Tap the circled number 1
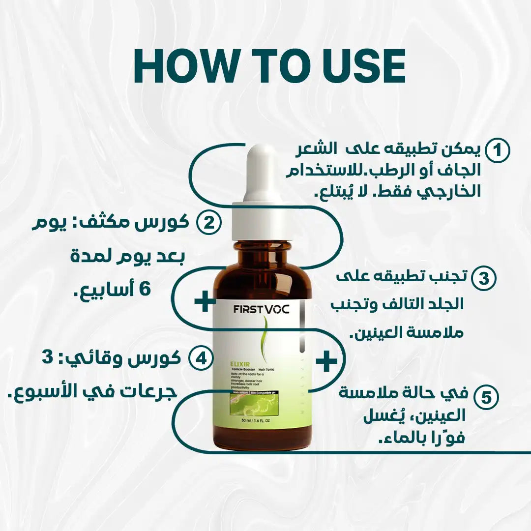[498, 150]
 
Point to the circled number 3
[484, 278]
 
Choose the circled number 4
[200, 358]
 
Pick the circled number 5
[486, 398]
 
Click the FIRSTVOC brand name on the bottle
[262, 311]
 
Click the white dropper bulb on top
[262, 172]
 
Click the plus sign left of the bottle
[205, 301]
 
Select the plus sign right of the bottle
[326, 362]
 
